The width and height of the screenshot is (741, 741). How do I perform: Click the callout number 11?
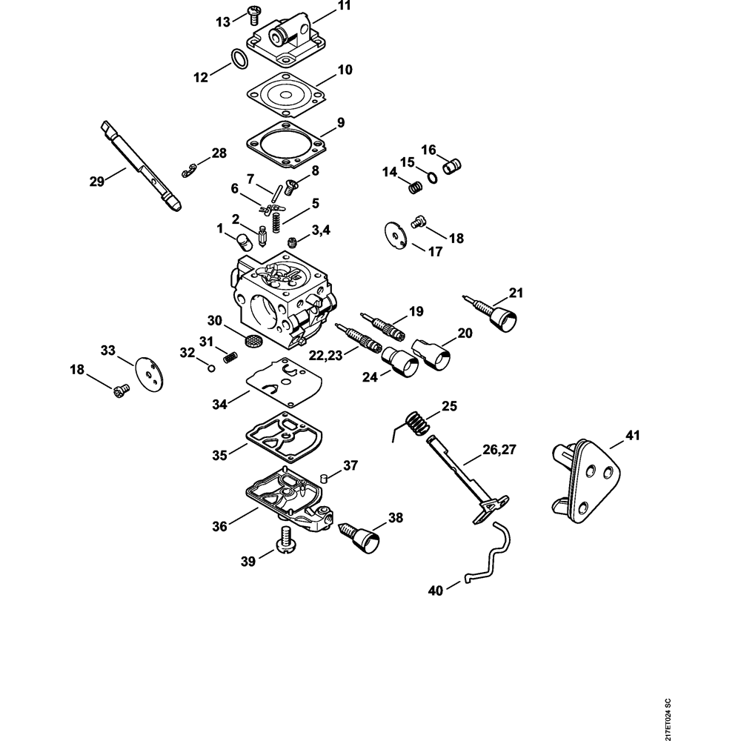coord(344,6)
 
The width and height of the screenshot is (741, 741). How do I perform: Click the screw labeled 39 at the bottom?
coord(286,540)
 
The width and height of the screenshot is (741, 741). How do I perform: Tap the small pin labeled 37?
coord(323,476)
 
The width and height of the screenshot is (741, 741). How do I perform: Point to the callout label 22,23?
coord(327,356)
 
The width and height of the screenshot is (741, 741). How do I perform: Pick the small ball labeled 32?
coord(211,366)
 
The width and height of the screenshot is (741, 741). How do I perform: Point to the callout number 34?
coord(219,405)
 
